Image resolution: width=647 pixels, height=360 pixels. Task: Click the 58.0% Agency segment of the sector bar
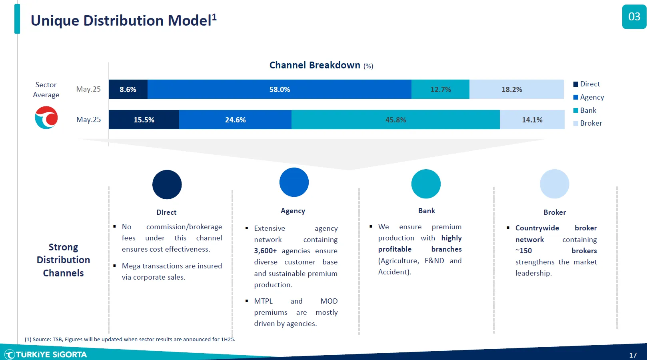tap(279, 89)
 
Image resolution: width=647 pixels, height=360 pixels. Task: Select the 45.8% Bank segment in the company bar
tap(395, 120)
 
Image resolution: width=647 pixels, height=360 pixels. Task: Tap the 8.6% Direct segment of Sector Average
tap(128, 89)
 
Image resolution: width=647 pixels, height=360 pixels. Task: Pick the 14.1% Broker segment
tap(532, 120)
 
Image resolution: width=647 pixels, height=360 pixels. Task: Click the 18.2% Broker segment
tap(517, 89)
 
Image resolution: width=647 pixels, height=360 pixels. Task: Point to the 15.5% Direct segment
tap(144, 120)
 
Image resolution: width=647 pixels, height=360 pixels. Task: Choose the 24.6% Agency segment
tap(235, 120)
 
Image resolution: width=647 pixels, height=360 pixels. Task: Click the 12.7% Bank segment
tap(441, 89)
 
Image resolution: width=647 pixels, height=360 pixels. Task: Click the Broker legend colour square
tap(576, 123)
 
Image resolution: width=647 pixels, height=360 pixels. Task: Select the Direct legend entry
tap(587, 84)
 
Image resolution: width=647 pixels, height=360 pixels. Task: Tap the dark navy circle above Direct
tap(167, 185)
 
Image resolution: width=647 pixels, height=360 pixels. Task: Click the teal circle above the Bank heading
tap(426, 184)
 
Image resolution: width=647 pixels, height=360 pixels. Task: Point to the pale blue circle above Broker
tap(554, 184)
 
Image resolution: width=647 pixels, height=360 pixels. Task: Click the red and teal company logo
tap(46, 118)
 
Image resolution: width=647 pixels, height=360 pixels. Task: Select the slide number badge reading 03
tap(634, 17)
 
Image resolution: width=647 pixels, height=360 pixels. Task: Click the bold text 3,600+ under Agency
tap(265, 251)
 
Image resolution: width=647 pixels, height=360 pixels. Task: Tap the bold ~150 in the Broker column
tap(523, 251)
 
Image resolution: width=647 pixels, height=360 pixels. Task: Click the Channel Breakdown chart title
tap(321, 65)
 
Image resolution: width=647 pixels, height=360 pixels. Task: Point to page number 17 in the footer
tap(633, 355)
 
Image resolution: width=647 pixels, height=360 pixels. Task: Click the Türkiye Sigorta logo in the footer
tap(46, 354)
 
